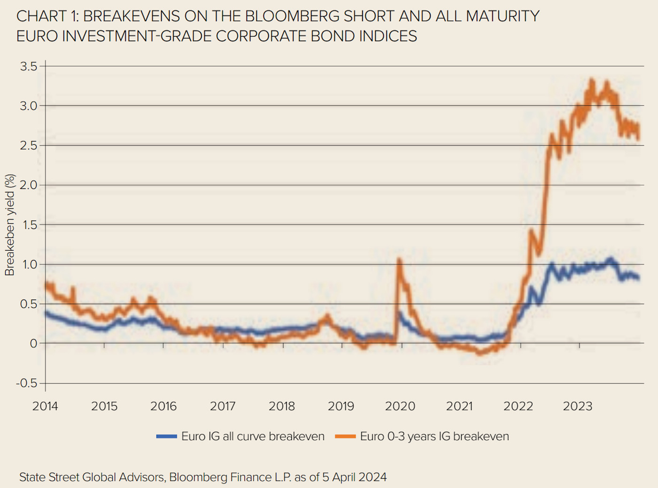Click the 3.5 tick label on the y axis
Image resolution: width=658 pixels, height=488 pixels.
(x=28, y=66)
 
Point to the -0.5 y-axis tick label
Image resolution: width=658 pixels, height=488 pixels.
(x=26, y=383)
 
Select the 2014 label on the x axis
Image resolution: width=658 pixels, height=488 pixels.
(x=45, y=406)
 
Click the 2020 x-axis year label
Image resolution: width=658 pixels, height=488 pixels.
(x=400, y=406)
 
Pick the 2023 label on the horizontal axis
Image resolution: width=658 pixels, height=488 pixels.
(x=578, y=406)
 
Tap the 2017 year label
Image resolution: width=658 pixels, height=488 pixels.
(x=223, y=406)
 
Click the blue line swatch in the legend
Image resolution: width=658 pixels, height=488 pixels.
(x=166, y=437)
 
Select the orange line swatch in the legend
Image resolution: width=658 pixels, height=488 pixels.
(x=345, y=437)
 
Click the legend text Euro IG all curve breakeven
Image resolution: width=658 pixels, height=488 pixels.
(x=253, y=437)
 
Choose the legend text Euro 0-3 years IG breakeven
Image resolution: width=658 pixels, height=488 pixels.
(x=434, y=437)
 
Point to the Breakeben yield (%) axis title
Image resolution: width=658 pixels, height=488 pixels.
(x=10, y=225)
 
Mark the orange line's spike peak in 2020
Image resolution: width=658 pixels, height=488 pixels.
(x=399, y=260)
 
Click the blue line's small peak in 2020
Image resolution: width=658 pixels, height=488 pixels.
(x=399, y=312)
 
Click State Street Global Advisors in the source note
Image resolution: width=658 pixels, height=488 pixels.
(x=92, y=477)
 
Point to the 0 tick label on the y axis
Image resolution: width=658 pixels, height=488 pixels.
(x=33, y=344)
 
